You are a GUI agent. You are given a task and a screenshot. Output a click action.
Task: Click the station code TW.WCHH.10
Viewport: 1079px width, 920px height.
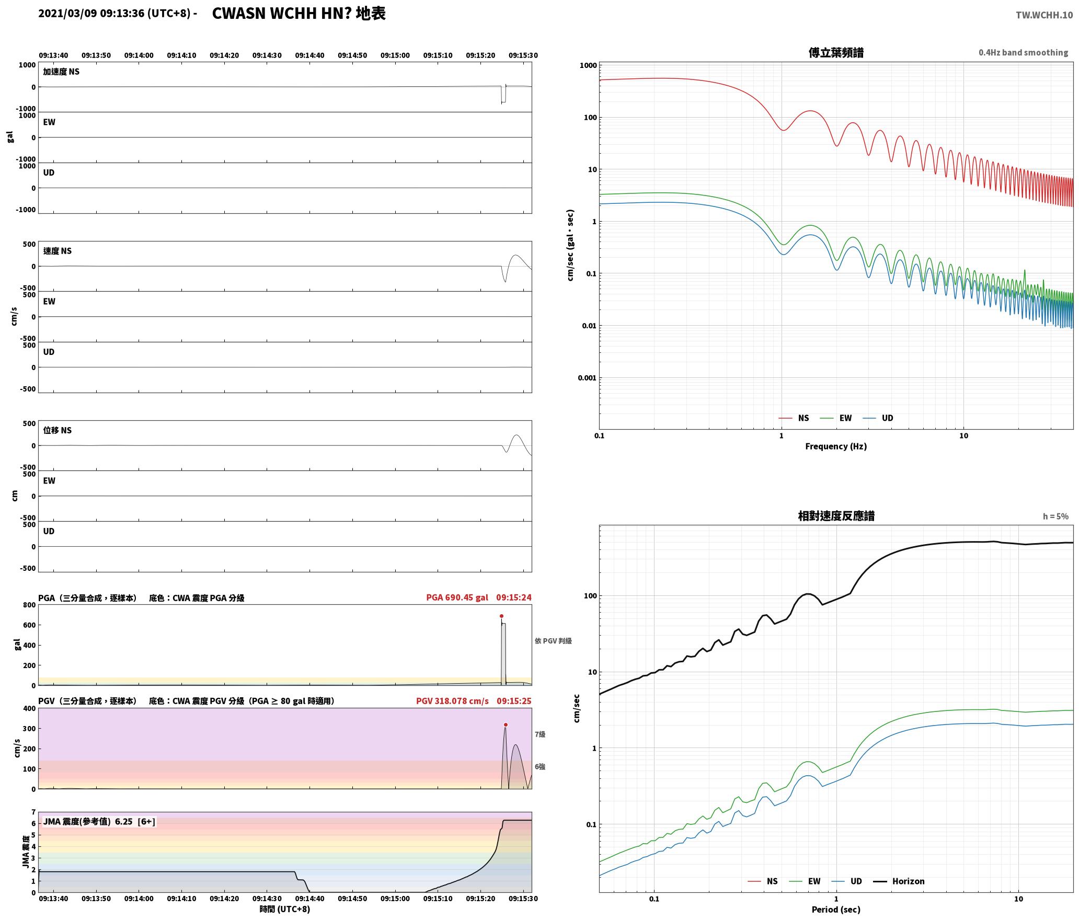click(x=1044, y=15)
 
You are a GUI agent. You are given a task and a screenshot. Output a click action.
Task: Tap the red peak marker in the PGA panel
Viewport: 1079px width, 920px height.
click(x=501, y=616)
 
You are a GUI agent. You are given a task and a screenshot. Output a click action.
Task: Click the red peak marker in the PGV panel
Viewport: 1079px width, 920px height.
click(x=506, y=724)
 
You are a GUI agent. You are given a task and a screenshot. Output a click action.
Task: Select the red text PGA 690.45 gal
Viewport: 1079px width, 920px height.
click(x=457, y=597)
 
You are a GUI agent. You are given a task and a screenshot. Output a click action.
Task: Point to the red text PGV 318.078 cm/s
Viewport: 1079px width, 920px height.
click(x=452, y=700)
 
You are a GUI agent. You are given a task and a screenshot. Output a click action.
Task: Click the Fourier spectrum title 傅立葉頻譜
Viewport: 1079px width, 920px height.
click(x=836, y=52)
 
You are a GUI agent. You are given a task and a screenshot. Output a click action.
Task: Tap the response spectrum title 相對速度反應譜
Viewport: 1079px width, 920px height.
click(x=836, y=516)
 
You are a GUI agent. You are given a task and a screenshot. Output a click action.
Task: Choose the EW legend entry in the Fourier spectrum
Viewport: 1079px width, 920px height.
click(x=836, y=418)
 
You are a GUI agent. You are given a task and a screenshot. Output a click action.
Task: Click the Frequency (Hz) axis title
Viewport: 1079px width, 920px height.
click(x=836, y=446)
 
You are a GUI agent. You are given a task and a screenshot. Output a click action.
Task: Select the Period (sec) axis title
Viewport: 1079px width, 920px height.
click(x=836, y=909)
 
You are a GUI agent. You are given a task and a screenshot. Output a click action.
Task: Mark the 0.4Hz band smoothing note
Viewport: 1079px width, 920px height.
click(x=1023, y=52)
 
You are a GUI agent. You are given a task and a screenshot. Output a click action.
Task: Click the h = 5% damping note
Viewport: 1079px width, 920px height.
click(x=1055, y=516)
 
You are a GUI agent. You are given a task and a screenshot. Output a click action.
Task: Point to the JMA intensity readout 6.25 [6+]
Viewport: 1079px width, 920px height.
click(x=134, y=821)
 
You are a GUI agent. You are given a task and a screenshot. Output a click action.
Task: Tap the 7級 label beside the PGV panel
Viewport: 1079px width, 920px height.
click(x=540, y=734)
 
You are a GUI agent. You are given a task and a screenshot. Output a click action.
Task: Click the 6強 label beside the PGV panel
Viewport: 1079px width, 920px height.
click(x=540, y=766)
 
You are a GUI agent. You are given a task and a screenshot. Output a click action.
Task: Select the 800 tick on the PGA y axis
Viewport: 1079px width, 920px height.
click(x=29, y=605)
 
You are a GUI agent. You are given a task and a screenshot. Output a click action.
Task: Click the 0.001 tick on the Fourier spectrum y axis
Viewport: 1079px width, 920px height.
click(x=587, y=377)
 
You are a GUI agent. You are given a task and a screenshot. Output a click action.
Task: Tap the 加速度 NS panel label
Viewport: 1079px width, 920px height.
click(x=61, y=72)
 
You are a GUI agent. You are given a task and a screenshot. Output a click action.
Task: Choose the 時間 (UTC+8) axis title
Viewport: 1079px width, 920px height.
click(x=285, y=909)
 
